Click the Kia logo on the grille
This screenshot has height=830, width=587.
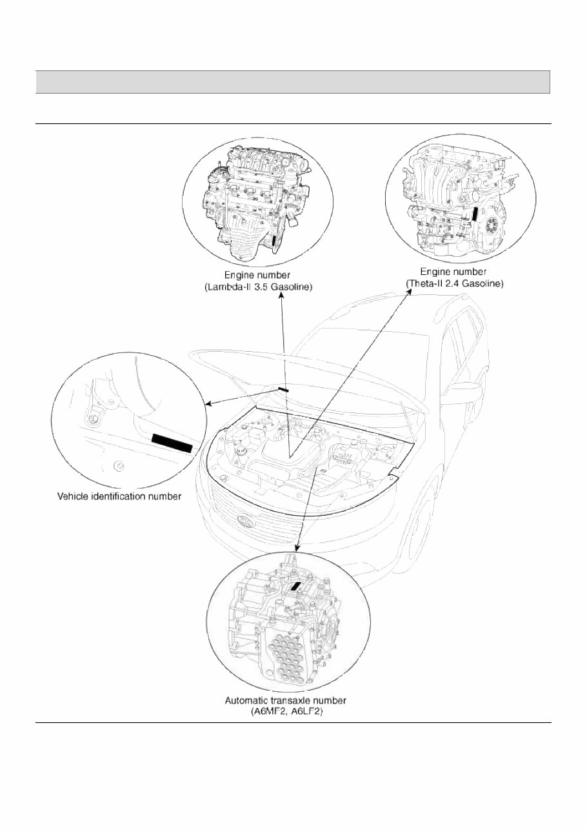[246, 521]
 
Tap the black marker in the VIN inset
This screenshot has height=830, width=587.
[172, 443]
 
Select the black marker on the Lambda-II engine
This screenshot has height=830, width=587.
[275, 241]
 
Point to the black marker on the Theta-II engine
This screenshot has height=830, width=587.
[475, 214]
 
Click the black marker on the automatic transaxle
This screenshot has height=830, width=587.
[297, 586]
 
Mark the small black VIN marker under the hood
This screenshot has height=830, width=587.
[283, 389]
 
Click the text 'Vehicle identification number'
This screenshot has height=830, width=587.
[119, 496]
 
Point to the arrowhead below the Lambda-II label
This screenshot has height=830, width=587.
[281, 296]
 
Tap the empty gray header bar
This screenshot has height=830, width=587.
[293, 82]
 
